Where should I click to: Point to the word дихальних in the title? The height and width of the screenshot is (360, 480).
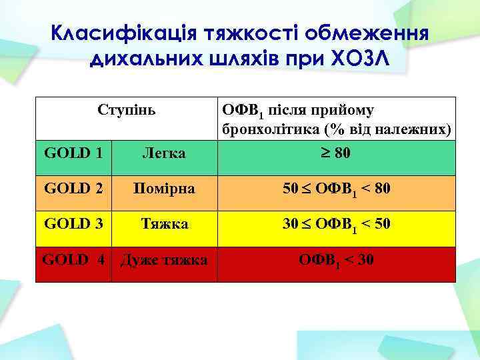[x=140, y=61]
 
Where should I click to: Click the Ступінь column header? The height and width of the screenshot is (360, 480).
[x=126, y=109]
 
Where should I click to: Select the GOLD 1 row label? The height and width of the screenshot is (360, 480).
[x=73, y=153]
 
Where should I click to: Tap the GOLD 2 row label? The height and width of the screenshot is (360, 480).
[x=73, y=189]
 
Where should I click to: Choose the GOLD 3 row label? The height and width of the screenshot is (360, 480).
[x=73, y=224]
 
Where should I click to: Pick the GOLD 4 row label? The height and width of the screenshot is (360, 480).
[x=73, y=259]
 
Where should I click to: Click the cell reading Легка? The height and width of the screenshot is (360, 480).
[x=164, y=154]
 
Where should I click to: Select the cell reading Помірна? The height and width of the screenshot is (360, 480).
[x=164, y=189]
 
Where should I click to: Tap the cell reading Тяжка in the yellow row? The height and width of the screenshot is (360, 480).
[x=164, y=225]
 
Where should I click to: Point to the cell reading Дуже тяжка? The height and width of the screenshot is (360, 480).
[x=164, y=260]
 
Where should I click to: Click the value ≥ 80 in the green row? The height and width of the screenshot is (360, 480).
[x=336, y=153]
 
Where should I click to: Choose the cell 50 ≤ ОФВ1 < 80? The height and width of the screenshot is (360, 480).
[x=336, y=189]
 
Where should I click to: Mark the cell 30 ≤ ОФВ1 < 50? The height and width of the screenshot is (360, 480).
[x=336, y=225]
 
